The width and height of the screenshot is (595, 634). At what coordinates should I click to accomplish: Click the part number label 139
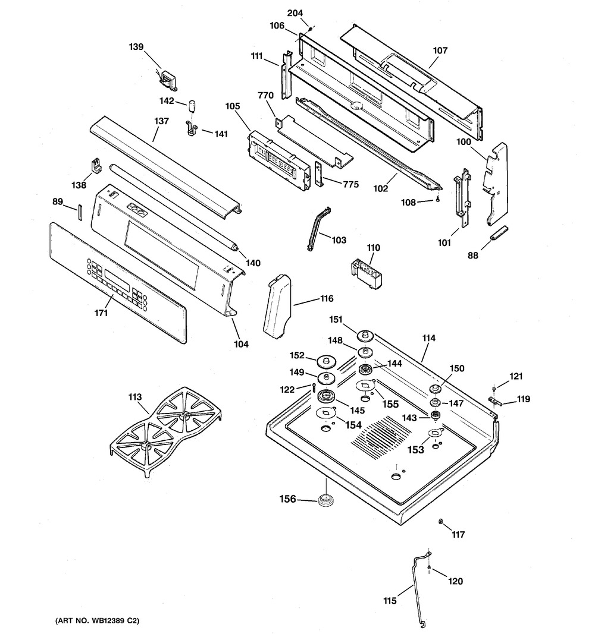coord(136,47)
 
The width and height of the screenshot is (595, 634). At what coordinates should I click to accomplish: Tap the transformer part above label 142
coord(169,80)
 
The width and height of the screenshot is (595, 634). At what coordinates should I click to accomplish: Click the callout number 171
coord(101,313)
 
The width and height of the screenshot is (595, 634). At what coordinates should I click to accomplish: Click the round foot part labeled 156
coord(325,500)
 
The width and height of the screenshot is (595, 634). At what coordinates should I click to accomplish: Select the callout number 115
coord(390,601)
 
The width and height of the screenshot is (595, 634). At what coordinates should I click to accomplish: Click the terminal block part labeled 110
coord(367,274)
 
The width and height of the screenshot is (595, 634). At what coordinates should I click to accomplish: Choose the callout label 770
coord(265,96)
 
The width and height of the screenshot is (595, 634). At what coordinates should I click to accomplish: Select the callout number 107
coord(440,51)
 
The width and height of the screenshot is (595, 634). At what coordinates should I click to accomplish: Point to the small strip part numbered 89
coord(79,213)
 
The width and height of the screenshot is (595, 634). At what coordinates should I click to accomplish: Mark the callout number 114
coord(429,338)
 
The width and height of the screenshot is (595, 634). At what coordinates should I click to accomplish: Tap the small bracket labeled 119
coord(495,400)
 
